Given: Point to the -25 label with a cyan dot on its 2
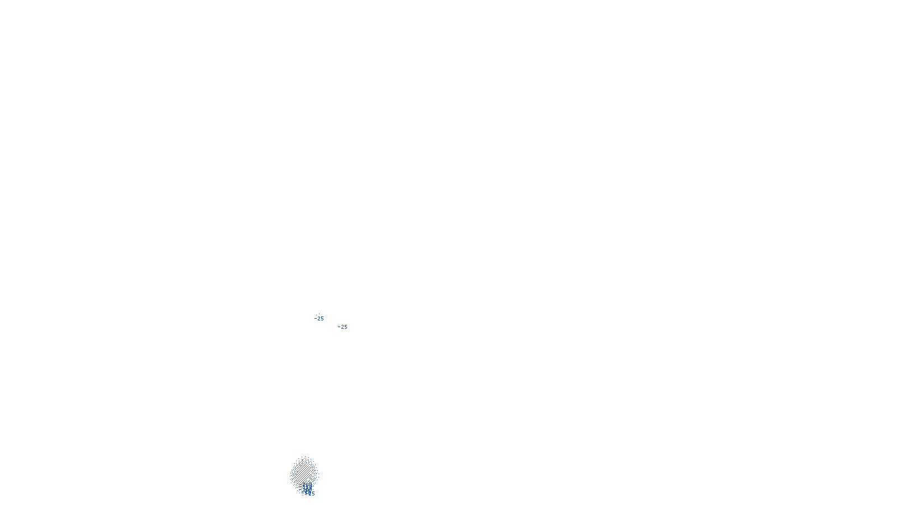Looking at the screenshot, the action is [319, 319].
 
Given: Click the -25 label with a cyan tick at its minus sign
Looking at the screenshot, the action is [343, 327].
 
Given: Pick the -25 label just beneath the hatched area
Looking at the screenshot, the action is [310, 494].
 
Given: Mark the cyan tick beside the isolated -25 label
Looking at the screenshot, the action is [338, 326].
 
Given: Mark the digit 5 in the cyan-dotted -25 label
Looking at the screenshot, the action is [322, 319].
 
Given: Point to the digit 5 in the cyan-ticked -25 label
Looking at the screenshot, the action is [345, 327].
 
